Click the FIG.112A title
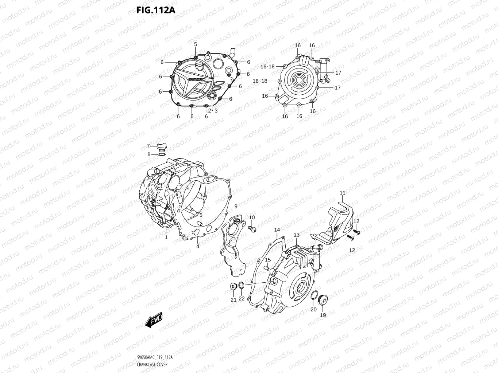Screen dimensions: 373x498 point(156,10)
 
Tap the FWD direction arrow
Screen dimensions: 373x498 point(154,320)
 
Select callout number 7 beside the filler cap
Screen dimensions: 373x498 point(148,146)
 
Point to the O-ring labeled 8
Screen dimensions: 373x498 point(162,154)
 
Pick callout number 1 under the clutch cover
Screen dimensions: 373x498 point(166,237)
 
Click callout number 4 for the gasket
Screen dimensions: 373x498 point(197,247)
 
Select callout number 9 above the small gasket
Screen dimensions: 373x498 point(236,207)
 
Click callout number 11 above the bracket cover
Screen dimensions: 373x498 point(342,193)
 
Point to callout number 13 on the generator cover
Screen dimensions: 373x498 point(297,235)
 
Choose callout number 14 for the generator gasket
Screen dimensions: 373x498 point(277,229)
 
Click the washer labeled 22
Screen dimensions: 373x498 point(242,285)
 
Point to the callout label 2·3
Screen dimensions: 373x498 point(213,110)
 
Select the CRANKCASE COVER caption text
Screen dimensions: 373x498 point(152,365)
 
